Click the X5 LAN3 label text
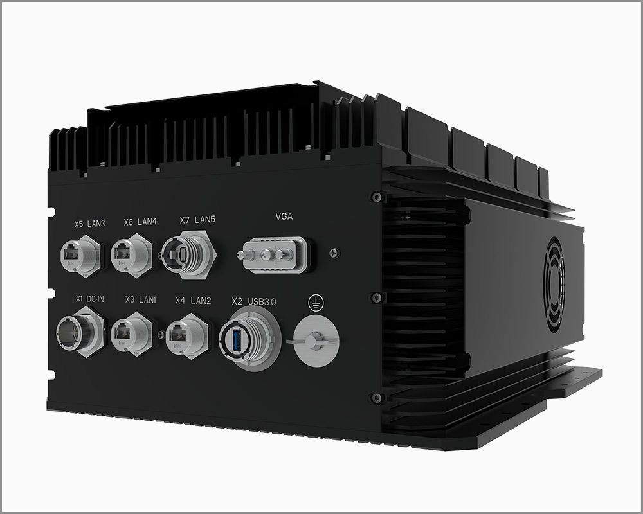click(x=89, y=224)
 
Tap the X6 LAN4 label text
click(x=140, y=222)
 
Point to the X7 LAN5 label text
click(x=197, y=220)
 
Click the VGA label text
click(x=284, y=217)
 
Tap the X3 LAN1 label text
click(x=140, y=299)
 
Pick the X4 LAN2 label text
click(x=194, y=300)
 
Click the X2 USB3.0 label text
click(x=253, y=301)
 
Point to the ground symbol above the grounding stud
click(x=315, y=301)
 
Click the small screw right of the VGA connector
click(x=332, y=253)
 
